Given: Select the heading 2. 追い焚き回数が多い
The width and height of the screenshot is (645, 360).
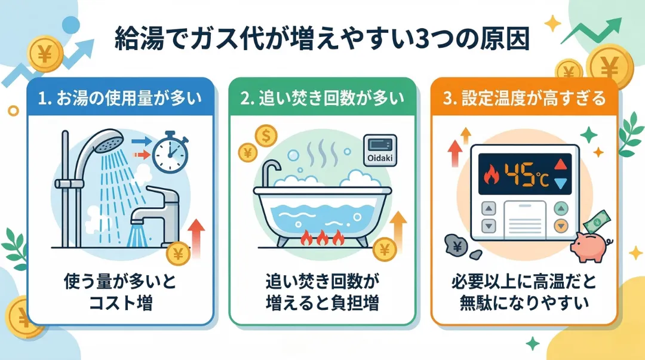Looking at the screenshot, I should coord(322,98).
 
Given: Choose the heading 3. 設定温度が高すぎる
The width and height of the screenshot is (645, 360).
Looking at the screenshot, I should coord(526,98).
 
